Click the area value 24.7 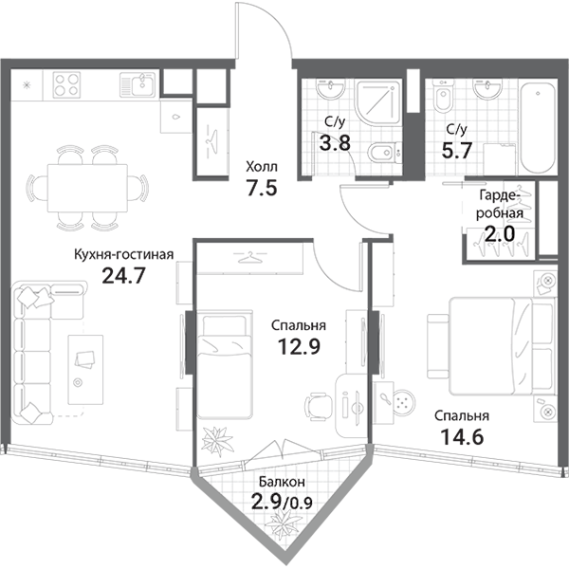pyautogui.click(x=123, y=276)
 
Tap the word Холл pyautogui.click(x=262, y=167)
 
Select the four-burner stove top pyautogui.click(x=66, y=84)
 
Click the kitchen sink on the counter pyautogui.click(x=138, y=84)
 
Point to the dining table pyautogui.click(x=87, y=189)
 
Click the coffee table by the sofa pyautogui.click(x=85, y=370)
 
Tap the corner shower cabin pyautogui.click(x=378, y=102)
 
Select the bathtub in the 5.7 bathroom pyautogui.click(x=538, y=129)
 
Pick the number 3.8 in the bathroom pyautogui.click(x=335, y=142)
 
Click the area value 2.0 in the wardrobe pyautogui.click(x=500, y=233)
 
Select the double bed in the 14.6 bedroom pyautogui.click(x=503, y=346)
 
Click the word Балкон pyautogui.click(x=282, y=482)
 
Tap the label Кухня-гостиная pyautogui.click(x=123, y=254)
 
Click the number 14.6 pyautogui.click(x=462, y=436)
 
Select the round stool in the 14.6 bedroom pyautogui.click(x=403, y=402)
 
